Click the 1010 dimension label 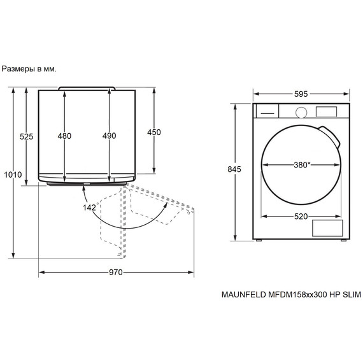point(13,174)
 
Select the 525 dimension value point(26,136)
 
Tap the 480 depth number point(64,136)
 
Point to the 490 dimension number point(110,136)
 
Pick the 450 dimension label point(154,132)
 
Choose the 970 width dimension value point(115,273)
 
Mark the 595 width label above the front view point(301,94)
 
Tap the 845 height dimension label point(235,169)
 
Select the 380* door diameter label point(302,164)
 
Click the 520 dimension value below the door point(301,216)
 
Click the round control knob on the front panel point(302,111)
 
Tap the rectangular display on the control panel point(327,111)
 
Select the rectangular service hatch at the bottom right point(327,229)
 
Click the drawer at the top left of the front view point(267,111)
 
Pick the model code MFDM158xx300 point(298,295)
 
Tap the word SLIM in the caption point(351,295)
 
